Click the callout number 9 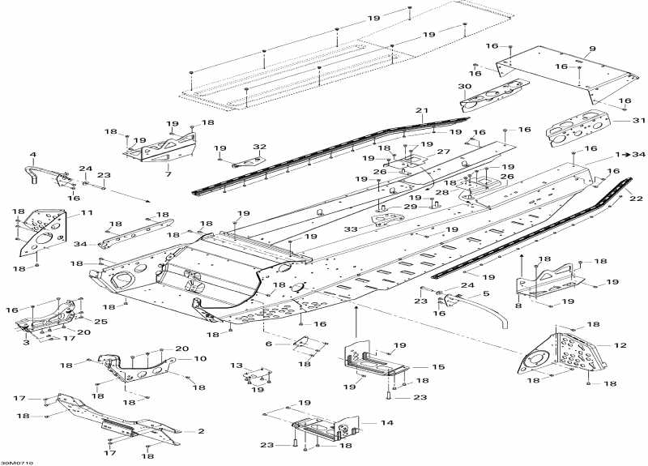point(591,49)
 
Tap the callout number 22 point(635,199)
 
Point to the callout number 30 point(464,86)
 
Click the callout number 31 point(619,121)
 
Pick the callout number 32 point(259,147)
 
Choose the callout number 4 point(33,155)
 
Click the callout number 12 point(620,346)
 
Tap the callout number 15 point(438,367)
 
